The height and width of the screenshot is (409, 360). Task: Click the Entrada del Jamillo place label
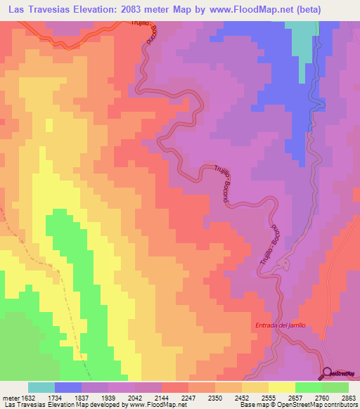279,326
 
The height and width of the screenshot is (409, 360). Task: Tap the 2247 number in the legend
188,396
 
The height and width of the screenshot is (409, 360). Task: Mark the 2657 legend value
295,396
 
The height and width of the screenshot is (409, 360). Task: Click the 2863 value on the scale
349,396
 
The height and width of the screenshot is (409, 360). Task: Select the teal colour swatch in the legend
41,387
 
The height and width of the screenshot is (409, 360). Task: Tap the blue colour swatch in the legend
68,387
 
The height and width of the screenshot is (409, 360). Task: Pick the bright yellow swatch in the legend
282,387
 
